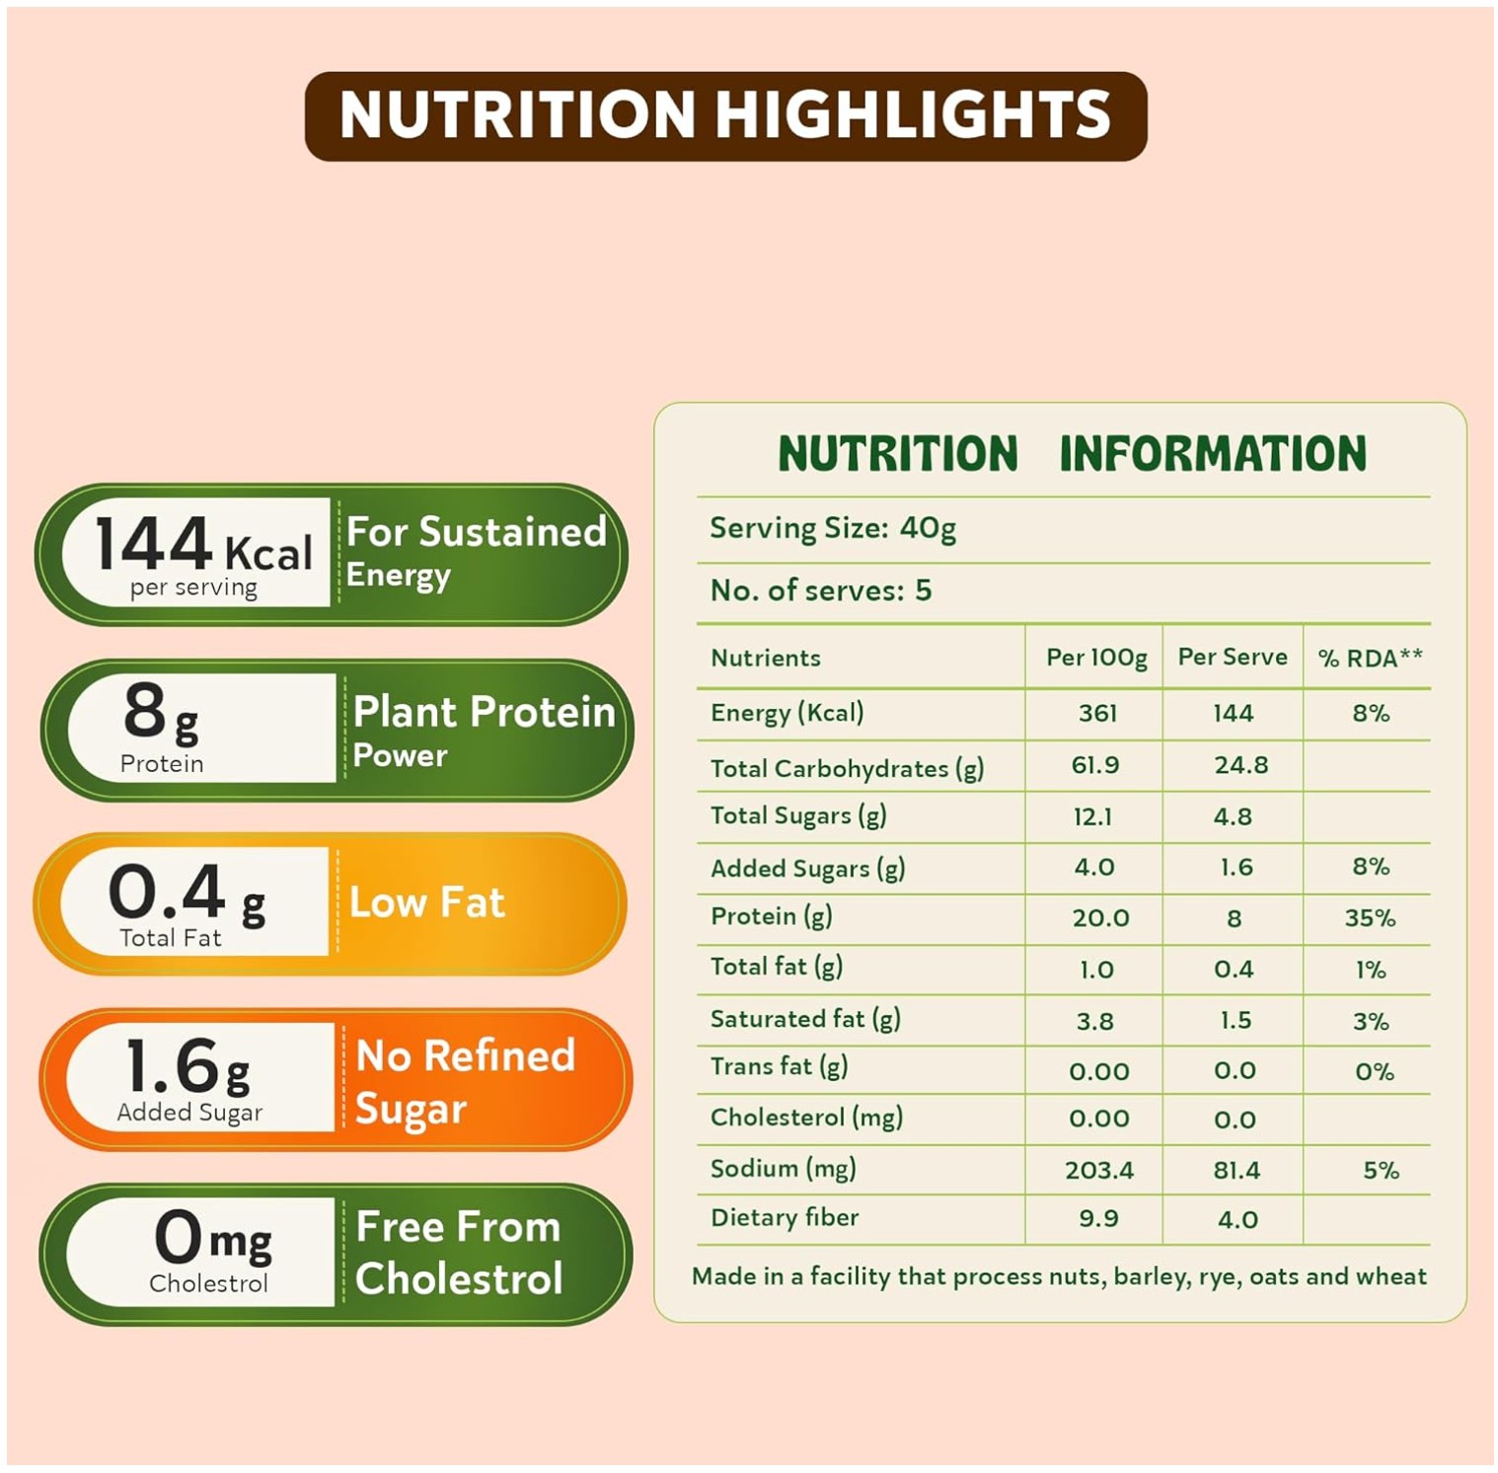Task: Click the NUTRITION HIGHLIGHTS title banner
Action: tap(725, 116)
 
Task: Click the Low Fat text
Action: tap(427, 902)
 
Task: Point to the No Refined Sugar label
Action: tap(465, 1081)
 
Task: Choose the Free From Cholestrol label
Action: tap(459, 1253)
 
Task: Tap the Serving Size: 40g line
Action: tap(833, 529)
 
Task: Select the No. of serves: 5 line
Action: tap(820, 590)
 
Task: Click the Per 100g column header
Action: tap(1095, 658)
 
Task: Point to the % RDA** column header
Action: tap(1370, 658)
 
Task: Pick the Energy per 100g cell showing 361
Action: tap(1097, 713)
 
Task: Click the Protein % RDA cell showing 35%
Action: tap(1370, 918)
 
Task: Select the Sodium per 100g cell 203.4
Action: tap(1098, 1170)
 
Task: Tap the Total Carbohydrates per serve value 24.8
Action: tap(1240, 765)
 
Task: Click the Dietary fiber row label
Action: tap(785, 1218)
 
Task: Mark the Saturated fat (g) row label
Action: tap(805, 1019)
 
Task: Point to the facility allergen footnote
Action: tap(1059, 1277)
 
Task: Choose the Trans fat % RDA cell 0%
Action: tap(1374, 1071)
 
